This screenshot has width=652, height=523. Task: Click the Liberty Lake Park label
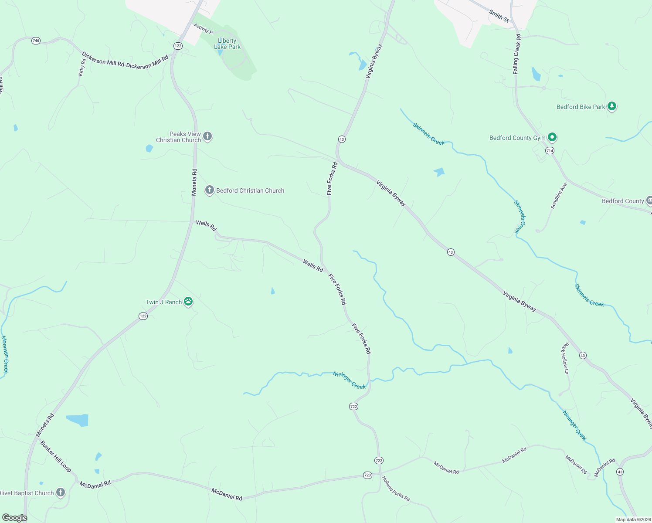click(227, 44)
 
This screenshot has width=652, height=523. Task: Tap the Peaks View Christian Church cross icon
click(207, 136)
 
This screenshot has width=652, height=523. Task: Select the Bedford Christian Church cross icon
click(210, 190)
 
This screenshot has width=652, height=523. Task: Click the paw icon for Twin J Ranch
click(188, 301)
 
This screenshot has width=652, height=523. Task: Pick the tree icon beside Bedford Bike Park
click(612, 106)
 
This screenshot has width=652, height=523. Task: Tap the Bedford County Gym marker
click(552, 137)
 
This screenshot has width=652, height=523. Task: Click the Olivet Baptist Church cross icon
click(61, 492)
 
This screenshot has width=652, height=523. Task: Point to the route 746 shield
click(36, 41)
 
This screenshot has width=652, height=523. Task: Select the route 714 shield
click(550, 150)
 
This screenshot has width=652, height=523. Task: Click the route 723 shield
click(367, 475)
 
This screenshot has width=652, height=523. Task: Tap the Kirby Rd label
click(81, 68)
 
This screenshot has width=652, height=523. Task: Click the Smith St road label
click(499, 16)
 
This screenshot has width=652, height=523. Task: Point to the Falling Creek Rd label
click(516, 54)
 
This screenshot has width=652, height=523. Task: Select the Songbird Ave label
click(558, 195)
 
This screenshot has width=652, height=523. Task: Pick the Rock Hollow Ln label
click(565, 358)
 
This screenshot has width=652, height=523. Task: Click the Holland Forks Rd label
click(396, 489)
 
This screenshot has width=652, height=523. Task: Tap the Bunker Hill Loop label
click(55, 456)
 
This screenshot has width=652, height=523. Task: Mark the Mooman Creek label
click(4, 354)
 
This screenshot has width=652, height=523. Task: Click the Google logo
click(14, 518)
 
